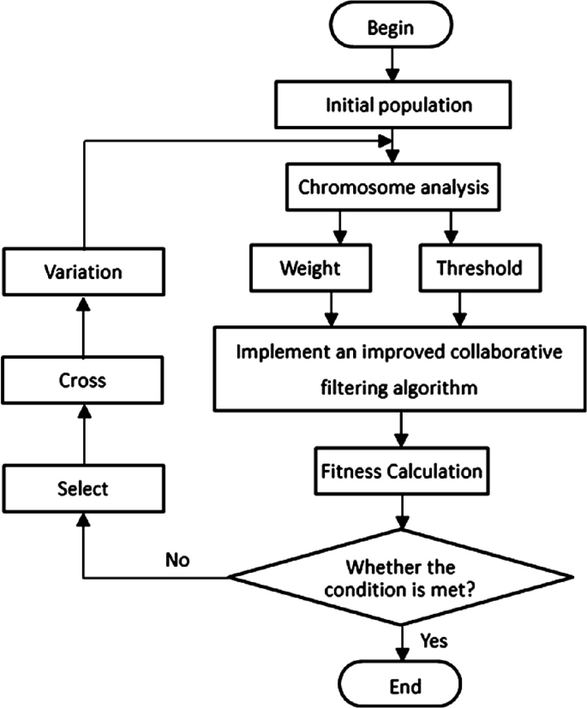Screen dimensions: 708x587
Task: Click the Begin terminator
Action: (x=391, y=27)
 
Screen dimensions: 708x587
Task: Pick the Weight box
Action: (x=310, y=269)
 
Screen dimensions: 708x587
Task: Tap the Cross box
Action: (x=82, y=379)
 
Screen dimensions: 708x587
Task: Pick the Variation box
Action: (x=82, y=271)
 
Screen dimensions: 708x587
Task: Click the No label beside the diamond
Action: (x=178, y=560)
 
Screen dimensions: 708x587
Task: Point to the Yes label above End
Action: (x=434, y=640)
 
